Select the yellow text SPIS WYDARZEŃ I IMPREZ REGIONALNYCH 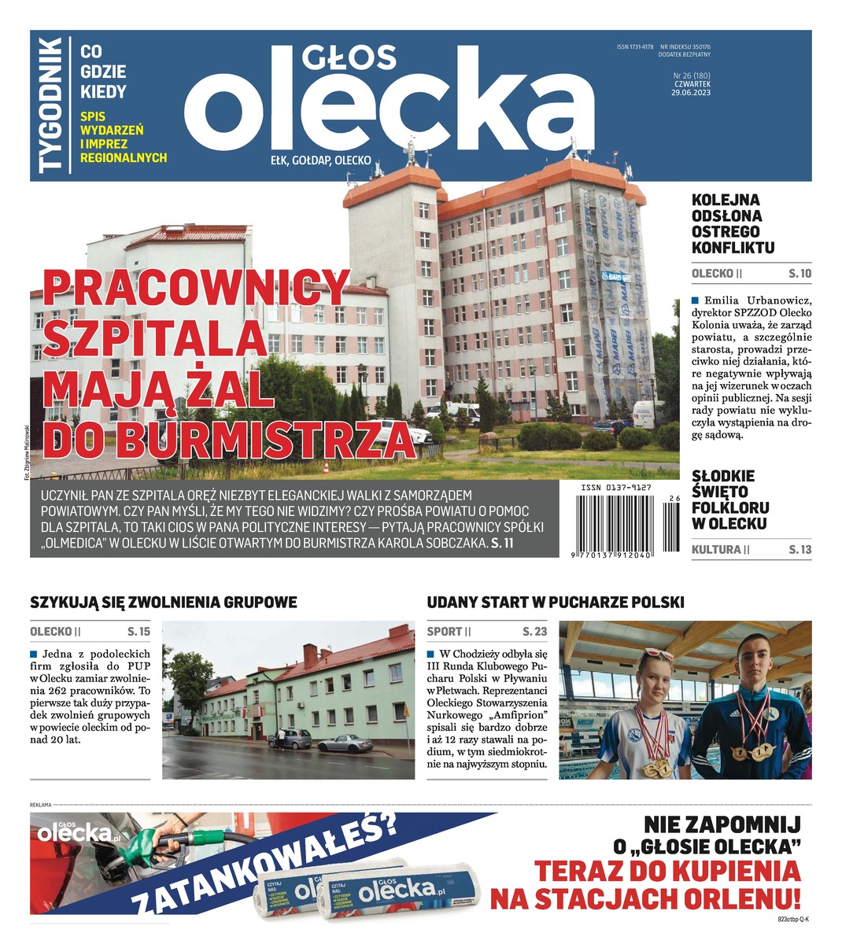coord(124,136)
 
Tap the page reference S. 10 coord(800,275)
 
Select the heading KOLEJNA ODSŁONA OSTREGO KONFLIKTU coord(733,224)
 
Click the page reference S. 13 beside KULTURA coord(800,550)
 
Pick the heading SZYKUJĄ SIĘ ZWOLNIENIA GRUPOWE coord(164,603)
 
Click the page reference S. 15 coord(138,632)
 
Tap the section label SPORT coord(445,632)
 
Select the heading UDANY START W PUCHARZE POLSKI coord(556,603)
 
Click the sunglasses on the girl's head coord(657,655)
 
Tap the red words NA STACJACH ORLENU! coord(645,898)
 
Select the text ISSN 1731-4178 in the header coord(635,47)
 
